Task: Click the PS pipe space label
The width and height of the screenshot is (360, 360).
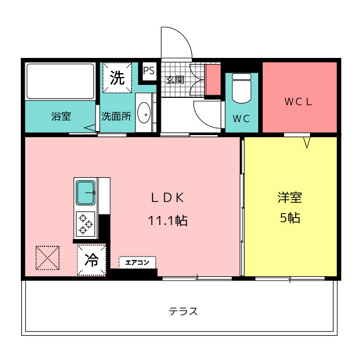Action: tap(148, 71)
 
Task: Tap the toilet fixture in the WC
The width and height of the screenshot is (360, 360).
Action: tap(241, 88)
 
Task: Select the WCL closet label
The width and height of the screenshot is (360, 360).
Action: tap(298, 102)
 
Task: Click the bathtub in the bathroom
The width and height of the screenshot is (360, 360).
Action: tap(60, 81)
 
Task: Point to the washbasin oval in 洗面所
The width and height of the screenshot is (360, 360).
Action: tap(144, 112)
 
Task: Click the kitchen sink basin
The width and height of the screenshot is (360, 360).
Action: tap(85, 192)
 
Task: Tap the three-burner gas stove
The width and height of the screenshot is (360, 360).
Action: tap(85, 224)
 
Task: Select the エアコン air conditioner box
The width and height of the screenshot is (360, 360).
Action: tap(137, 262)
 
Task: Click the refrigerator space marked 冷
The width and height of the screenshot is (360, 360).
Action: tap(91, 260)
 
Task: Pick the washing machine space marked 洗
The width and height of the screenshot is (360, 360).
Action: tap(117, 78)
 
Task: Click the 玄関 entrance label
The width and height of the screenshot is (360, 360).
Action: tap(175, 80)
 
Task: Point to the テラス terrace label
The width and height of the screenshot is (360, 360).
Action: tap(183, 312)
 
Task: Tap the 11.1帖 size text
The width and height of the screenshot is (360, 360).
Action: tap(168, 220)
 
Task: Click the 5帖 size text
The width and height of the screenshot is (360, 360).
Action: tap(290, 218)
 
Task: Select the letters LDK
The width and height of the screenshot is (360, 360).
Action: tap(168, 197)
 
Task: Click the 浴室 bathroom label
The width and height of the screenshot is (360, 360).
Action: tap(61, 116)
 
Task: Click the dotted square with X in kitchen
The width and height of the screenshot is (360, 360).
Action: tap(47, 258)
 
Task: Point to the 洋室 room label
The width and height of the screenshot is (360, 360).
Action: tap(290, 197)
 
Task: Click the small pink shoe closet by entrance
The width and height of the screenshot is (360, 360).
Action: tap(213, 80)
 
